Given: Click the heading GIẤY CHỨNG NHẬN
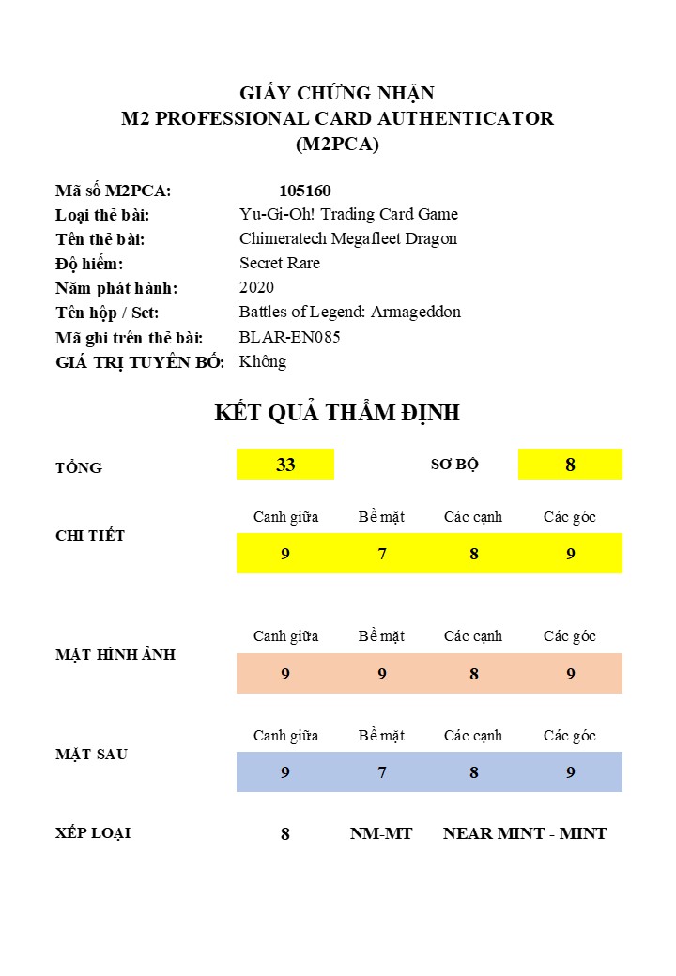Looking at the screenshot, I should pyautogui.click(x=337, y=93).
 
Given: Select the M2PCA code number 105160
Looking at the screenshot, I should pyautogui.click(x=305, y=191).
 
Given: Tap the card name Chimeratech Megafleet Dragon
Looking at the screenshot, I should pyautogui.click(x=348, y=238).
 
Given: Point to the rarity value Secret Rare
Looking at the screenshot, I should pyautogui.click(x=280, y=263).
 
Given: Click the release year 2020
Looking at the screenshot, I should pyautogui.click(x=256, y=287).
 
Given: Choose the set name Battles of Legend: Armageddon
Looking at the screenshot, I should pyautogui.click(x=350, y=312).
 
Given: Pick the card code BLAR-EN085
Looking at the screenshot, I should pyautogui.click(x=290, y=337).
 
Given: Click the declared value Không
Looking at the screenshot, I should pyautogui.click(x=263, y=361).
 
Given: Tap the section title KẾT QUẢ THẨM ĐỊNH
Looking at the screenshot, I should pyautogui.click(x=337, y=413).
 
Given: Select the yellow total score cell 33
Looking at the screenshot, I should pyautogui.click(x=285, y=465).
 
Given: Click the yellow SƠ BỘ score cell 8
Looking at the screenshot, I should pyautogui.click(x=570, y=465).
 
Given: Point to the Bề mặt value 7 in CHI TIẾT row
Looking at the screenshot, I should pyautogui.click(x=382, y=554).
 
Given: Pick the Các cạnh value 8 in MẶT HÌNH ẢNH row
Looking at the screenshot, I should pyautogui.click(x=474, y=674).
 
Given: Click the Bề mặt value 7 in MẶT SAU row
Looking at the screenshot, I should pyautogui.click(x=382, y=772).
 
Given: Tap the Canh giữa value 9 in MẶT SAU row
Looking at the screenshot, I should pyautogui.click(x=285, y=772).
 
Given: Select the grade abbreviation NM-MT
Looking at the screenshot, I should pyautogui.click(x=381, y=833).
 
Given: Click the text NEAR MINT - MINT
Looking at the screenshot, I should pyautogui.click(x=525, y=833).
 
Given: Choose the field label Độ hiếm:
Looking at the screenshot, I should pyautogui.click(x=89, y=264).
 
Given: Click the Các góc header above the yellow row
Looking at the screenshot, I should pyautogui.click(x=570, y=517).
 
